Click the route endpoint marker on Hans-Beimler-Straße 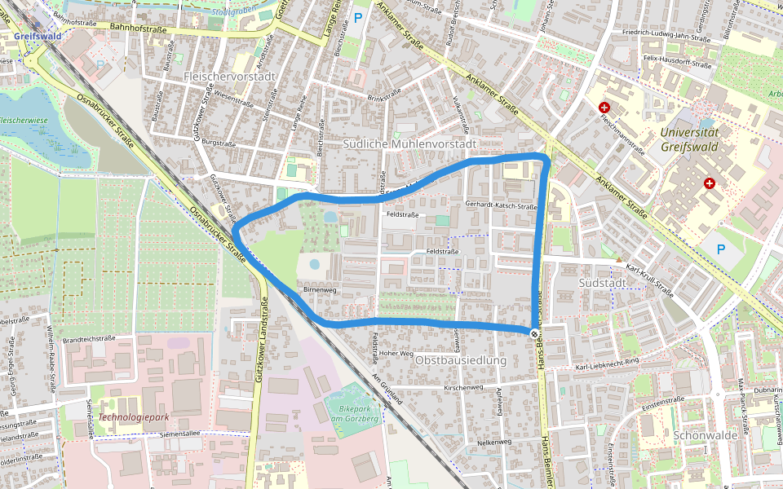point(534,333)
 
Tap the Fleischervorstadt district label point(231,76)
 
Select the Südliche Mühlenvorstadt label point(409,143)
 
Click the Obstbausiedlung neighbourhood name point(461,360)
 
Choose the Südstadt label point(601,281)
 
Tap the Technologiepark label point(133,416)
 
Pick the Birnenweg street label point(320,289)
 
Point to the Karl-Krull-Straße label point(649,280)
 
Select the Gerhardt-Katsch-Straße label point(500,206)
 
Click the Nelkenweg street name point(493,442)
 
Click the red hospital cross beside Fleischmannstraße point(604,108)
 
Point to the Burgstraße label point(219,143)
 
